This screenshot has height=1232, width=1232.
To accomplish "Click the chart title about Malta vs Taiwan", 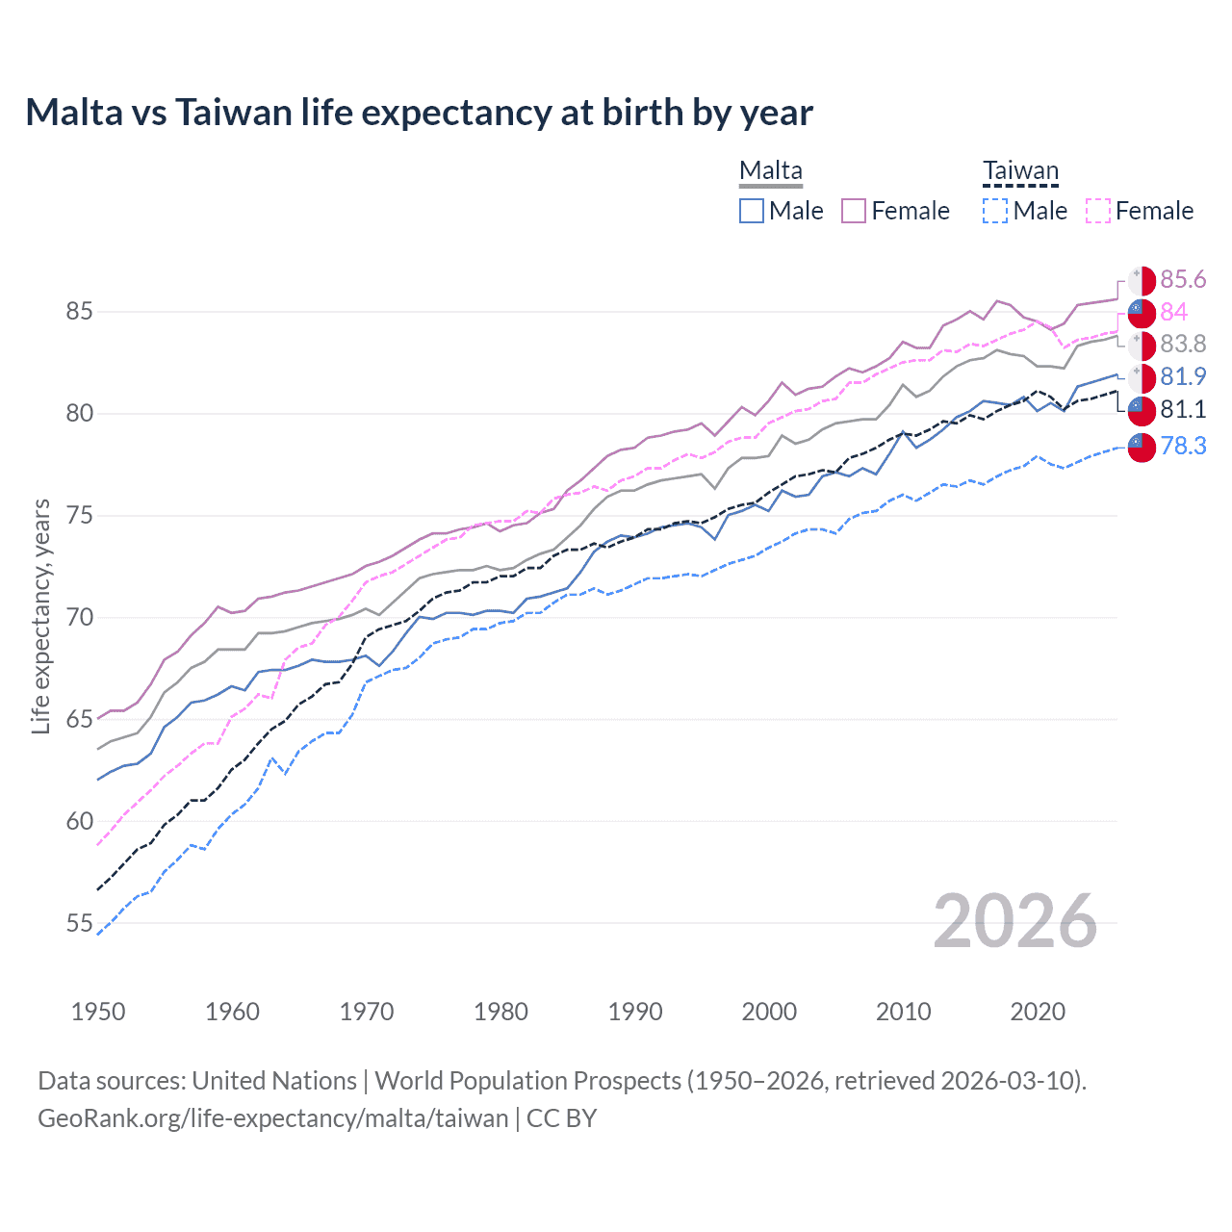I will pos(419,113).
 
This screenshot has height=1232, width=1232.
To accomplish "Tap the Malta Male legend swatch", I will pos(752,211).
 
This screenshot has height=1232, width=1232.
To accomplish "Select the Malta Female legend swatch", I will pos(854,211).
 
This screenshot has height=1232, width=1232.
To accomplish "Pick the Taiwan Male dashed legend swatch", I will pos(995,211).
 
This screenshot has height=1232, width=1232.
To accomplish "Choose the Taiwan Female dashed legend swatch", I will pos(1098,211).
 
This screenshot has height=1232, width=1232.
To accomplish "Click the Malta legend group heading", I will pos(770,171).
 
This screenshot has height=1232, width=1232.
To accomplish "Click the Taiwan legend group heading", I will pos(1020,171).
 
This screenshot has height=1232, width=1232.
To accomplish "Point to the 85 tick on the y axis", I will pos(80,312).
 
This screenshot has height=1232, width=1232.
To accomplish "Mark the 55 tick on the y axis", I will pos(80,924).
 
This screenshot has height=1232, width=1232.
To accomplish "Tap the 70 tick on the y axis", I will pos(80,618).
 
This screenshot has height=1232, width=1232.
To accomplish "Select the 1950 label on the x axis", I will pos(98,1012).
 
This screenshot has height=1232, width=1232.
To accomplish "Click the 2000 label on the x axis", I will pos(769,1012).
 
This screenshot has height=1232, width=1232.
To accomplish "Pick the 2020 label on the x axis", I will pos(1038,1012).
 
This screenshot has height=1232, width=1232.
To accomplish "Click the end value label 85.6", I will pos(1182,280).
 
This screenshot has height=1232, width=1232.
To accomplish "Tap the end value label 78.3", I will pos(1182,446).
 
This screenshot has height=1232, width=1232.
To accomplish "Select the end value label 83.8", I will pos(1182,345).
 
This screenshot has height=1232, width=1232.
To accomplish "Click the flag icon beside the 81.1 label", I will pos(1142,410).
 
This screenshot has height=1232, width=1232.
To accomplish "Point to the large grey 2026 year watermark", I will pos(1014,921).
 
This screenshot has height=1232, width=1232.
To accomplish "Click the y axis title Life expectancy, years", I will pos(41,616).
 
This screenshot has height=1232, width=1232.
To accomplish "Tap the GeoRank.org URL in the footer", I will pos(272,1118).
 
